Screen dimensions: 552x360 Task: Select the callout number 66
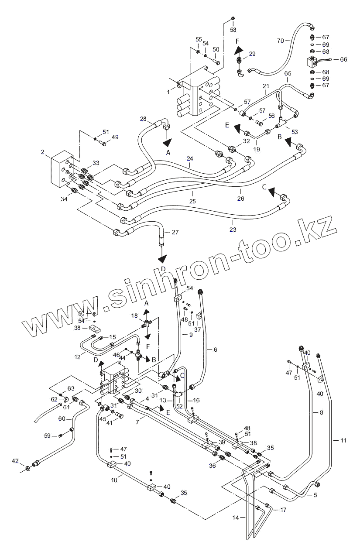coord(343,59)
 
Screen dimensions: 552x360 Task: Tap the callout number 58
coord(233,30)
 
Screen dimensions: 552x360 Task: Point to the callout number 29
coord(252,54)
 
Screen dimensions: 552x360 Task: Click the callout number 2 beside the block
coord(43,152)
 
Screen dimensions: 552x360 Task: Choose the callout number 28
coord(143,119)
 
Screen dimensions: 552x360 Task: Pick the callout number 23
coord(232,229)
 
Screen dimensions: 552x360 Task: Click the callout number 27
coord(175,232)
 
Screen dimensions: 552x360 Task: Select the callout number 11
coord(343,440)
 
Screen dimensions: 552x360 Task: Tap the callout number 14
coord(236,518)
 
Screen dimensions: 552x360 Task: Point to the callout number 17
coord(283,510)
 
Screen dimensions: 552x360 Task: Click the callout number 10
coord(114,480)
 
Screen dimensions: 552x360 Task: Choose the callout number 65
coord(288,74)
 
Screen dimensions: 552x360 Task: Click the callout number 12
coord(77,357)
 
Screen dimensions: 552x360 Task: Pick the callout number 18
coord(134,315)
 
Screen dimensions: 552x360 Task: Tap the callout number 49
coord(115,137)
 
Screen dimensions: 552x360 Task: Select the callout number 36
coord(212,466)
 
